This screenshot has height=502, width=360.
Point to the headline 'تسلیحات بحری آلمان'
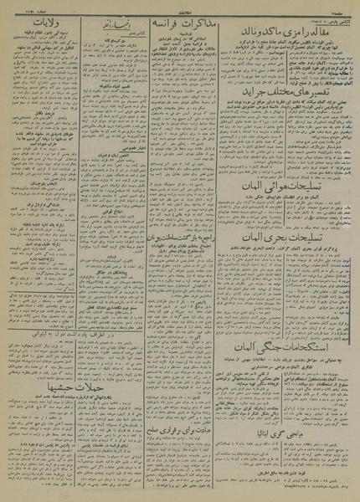(285, 264)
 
